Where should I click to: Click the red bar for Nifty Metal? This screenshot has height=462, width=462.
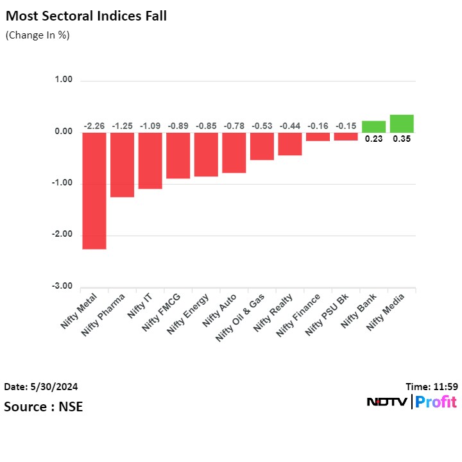(94, 190)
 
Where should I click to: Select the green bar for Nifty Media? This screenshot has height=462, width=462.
(402, 123)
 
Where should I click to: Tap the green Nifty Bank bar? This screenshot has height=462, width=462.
(373, 126)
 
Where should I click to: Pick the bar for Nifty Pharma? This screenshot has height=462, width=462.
(122, 164)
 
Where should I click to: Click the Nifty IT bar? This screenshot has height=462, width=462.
(150, 160)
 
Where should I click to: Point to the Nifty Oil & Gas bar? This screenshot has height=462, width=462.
(262, 146)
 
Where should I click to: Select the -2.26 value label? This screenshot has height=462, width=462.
(94, 126)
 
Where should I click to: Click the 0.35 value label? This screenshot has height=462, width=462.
(402, 138)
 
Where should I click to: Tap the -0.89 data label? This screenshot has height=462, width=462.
(178, 126)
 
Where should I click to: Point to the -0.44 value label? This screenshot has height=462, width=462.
(290, 126)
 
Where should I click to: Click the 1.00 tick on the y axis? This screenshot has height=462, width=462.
(64, 80)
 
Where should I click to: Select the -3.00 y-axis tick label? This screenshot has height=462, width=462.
(62, 286)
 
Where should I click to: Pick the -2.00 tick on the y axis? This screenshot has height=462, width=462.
(62, 235)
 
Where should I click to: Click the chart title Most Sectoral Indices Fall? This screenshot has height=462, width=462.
(86, 16)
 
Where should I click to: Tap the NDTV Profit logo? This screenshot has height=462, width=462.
(411, 402)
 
